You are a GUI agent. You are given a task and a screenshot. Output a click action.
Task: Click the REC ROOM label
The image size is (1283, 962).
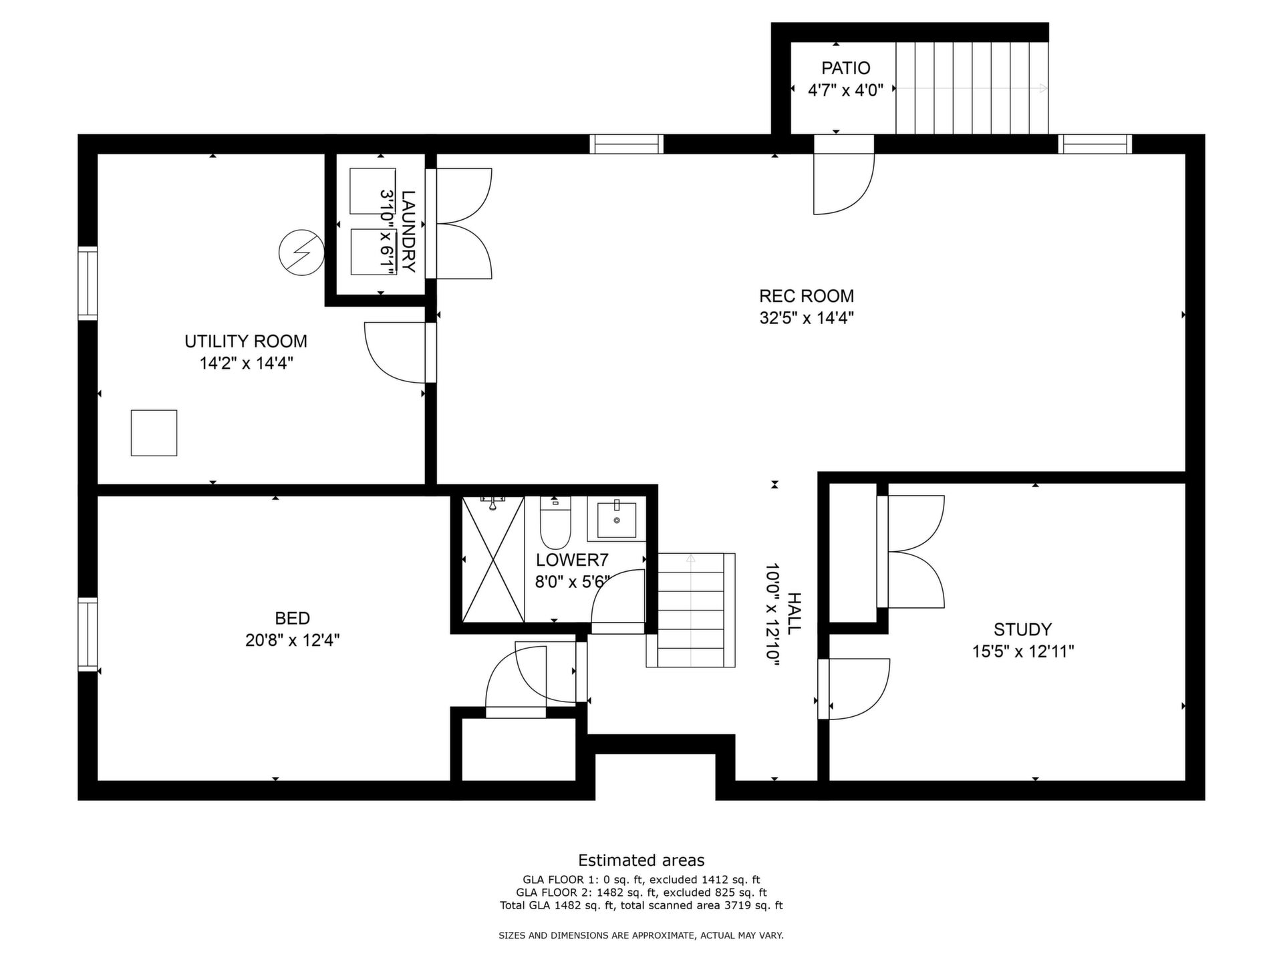(x=807, y=296)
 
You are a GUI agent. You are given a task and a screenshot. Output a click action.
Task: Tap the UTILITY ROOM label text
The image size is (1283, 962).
(x=246, y=341)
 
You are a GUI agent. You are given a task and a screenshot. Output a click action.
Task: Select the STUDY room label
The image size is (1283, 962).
(x=1022, y=629)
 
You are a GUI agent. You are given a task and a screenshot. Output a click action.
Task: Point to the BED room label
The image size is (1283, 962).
(x=293, y=618)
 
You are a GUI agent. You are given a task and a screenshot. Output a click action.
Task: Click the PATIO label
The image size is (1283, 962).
(x=846, y=68)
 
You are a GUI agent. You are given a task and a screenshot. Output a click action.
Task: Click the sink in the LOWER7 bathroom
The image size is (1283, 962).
(x=616, y=518)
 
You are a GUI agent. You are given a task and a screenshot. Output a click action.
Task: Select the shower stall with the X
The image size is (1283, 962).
(x=493, y=559)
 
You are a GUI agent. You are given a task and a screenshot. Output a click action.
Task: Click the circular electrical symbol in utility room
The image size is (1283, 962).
(x=301, y=253)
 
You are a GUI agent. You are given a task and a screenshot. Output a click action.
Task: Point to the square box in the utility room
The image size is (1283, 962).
(x=154, y=433)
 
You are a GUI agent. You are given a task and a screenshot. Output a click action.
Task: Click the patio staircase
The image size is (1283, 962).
(x=972, y=88)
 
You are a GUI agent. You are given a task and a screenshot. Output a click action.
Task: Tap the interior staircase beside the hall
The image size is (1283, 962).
(x=691, y=610)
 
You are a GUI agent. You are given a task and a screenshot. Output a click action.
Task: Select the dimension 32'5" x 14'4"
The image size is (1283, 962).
(x=807, y=318)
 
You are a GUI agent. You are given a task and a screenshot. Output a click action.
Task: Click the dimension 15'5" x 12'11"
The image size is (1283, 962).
(x=1023, y=651)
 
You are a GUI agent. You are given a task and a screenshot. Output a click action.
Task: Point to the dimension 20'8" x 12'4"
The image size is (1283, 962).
(x=293, y=640)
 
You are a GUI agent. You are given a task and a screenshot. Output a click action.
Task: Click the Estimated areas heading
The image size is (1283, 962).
(x=641, y=860)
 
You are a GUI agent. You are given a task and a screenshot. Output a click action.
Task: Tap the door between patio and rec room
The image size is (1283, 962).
(x=843, y=175)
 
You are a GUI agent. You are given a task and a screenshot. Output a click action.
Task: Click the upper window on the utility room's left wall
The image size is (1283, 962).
(x=88, y=283)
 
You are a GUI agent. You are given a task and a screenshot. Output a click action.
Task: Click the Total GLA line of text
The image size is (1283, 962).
(x=641, y=906)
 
